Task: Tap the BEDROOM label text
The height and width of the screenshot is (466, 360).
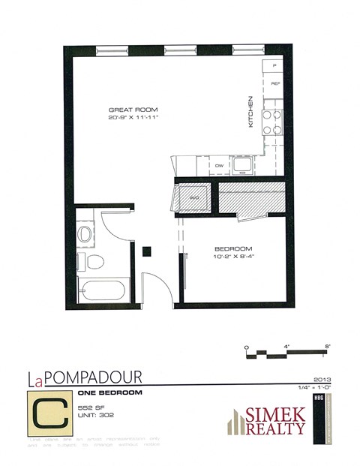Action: point(232,249)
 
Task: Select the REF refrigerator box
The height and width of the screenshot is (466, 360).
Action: point(274,83)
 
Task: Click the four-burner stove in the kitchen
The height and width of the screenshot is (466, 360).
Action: point(271,122)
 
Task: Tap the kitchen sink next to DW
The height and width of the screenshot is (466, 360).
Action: point(242,163)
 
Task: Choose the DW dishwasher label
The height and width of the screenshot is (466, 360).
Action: point(220,165)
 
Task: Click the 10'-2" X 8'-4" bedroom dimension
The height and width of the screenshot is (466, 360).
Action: point(232,257)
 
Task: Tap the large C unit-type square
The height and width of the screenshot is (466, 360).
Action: point(47,413)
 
